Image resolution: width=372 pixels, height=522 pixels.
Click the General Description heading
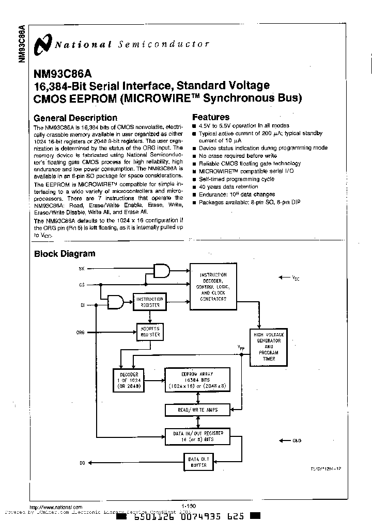(75, 118)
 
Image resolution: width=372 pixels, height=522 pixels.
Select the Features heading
(211, 117)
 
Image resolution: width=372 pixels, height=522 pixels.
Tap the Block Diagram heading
(65, 253)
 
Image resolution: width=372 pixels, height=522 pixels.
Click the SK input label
(81, 269)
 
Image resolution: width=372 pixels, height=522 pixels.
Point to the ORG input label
(81, 333)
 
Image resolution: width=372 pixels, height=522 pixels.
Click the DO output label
(82, 463)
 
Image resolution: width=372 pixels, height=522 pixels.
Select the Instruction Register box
(149, 302)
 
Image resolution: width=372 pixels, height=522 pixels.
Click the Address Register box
(149, 332)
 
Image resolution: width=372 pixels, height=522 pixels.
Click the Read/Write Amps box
(198, 410)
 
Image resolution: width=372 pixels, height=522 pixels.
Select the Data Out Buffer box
(198, 462)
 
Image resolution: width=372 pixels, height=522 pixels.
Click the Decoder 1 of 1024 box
(129, 379)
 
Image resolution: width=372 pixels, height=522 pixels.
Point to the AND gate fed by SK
(162, 271)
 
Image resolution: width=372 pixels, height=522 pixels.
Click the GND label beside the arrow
(297, 441)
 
